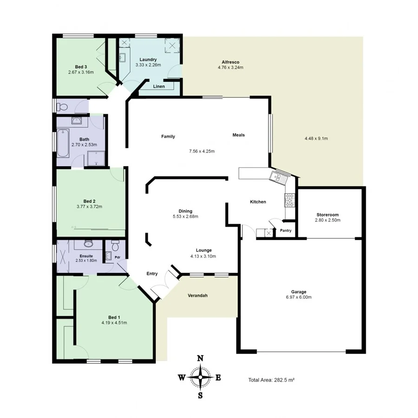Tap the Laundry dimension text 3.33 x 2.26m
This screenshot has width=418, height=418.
[x=148, y=65]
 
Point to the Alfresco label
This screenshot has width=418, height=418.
[x=230, y=62]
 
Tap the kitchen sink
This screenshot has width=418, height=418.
[x=277, y=176]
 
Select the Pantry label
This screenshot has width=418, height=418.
[x=285, y=230]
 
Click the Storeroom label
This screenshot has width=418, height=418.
[x=327, y=215]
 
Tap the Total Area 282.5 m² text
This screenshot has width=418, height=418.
[x=272, y=380]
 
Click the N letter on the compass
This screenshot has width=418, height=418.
[x=200, y=358]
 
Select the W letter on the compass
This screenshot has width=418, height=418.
[x=182, y=378]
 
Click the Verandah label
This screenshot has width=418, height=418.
[x=197, y=295]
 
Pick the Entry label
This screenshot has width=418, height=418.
[x=152, y=274]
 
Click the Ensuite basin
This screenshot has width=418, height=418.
[x=88, y=243]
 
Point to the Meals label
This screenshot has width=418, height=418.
[x=238, y=135]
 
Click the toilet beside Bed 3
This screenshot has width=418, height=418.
[x=63, y=107]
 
